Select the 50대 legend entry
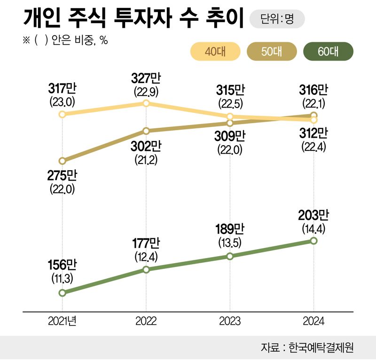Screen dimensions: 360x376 pos(272,52)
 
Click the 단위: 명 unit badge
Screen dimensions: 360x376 pos(277,19)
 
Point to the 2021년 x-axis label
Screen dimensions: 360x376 pos(62,322)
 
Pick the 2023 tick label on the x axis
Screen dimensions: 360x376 pos(229,322)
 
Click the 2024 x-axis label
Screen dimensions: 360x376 pos(313,322)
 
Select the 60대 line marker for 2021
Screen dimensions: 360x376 pos(62,293)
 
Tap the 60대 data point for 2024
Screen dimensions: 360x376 pos(313,241)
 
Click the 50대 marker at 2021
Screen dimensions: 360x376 pos(62,161)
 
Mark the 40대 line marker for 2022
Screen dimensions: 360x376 pos(146,103)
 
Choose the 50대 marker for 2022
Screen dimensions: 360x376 pos(146,131)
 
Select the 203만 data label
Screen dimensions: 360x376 pos(313,216)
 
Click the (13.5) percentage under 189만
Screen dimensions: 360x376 pos(229,243)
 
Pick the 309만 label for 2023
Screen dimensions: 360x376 pos(229,137)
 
